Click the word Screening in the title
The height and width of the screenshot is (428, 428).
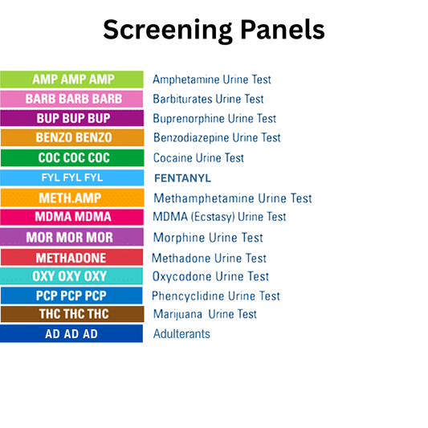click(x=166, y=30)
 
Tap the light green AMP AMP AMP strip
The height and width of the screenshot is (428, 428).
click(x=72, y=79)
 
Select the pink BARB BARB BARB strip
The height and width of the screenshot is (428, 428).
click(x=72, y=99)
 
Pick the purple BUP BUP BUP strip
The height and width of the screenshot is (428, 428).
click(x=72, y=118)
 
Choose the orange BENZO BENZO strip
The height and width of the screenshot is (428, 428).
click(x=72, y=137)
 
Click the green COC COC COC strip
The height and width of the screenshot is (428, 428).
click(x=72, y=157)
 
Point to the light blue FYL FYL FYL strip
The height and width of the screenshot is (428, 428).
click(x=72, y=177)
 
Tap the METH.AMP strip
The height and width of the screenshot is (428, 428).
click(x=72, y=198)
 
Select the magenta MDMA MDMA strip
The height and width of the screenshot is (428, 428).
click(x=72, y=217)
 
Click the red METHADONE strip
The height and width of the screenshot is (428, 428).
click(x=72, y=258)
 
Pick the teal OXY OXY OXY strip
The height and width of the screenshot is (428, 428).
click(x=72, y=276)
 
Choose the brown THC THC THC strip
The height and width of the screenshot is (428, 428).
click(x=72, y=314)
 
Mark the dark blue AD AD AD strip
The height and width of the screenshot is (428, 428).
click(x=72, y=333)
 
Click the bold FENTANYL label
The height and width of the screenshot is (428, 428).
click(x=187, y=177)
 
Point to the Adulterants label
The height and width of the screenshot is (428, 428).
click(x=181, y=333)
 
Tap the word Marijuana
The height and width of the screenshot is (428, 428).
click(x=179, y=314)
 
